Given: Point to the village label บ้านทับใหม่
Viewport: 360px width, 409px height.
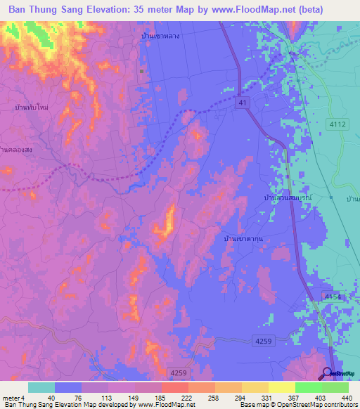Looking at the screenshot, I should [30, 108].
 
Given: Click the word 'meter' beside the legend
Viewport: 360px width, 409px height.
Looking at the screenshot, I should [10, 397].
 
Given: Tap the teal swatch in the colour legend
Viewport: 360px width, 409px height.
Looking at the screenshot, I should [41, 387].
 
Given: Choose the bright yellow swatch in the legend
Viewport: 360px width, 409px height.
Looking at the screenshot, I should [281, 387].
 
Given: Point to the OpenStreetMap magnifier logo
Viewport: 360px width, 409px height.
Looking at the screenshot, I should [328, 372].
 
